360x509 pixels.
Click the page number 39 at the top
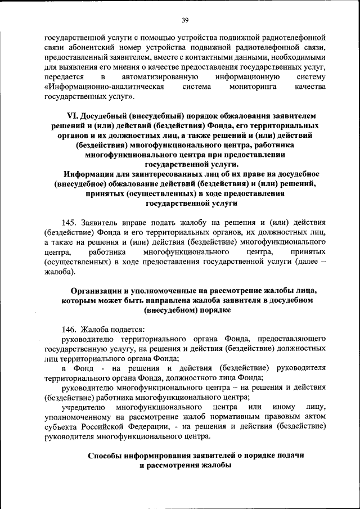click(x=184, y=21)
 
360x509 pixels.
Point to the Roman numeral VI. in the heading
click(x=74, y=115)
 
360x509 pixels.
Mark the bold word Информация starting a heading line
click(x=90, y=173)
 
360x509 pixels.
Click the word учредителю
click(x=83, y=406)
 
